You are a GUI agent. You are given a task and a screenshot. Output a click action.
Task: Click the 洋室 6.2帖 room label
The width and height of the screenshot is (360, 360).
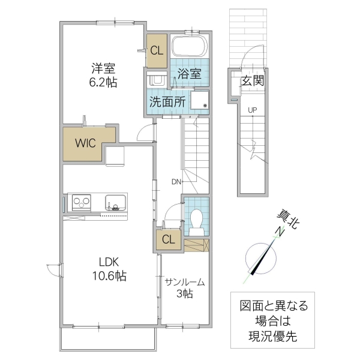(104, 76)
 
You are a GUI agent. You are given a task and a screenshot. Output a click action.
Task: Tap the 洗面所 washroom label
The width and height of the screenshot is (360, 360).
(167, 101)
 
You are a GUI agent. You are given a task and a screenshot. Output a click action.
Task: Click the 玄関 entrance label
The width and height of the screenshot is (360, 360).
(253, 82)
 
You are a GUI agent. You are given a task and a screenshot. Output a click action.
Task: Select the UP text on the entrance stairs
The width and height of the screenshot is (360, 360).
(252, 110)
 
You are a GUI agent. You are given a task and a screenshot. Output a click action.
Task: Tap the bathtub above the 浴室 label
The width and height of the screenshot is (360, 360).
(189, 47)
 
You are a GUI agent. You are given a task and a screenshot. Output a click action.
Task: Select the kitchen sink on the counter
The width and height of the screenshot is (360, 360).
(114, 202)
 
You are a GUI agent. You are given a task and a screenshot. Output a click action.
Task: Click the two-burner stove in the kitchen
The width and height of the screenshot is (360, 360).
(82, 202)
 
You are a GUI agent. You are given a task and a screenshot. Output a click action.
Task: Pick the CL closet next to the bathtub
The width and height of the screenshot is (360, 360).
(157, 50)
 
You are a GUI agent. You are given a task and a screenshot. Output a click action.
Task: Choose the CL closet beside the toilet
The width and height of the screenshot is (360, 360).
(169, 240)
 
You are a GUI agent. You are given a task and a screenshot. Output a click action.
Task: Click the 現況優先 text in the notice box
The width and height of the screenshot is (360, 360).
(270, 335)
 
